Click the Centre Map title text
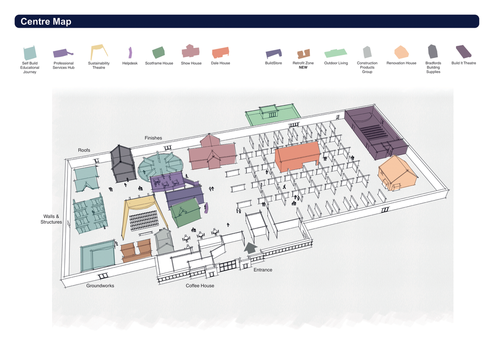tap(45, 21)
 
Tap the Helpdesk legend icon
tap(130, 52)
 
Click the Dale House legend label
tap(220, 63)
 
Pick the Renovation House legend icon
tap(401, 52)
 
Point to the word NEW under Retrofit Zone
tap(303, 67)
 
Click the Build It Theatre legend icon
tap(464, 51)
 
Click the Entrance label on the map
tap(263, 269)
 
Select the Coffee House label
tap(200, 285)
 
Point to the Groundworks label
tap(100, 285)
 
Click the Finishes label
tap(153, 138)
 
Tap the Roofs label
tap(84, 150)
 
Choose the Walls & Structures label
tap(51, 219)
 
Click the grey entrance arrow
tap(250, 247)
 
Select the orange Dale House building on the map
tap(297, 156)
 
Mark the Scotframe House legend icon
tap(158, 52)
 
